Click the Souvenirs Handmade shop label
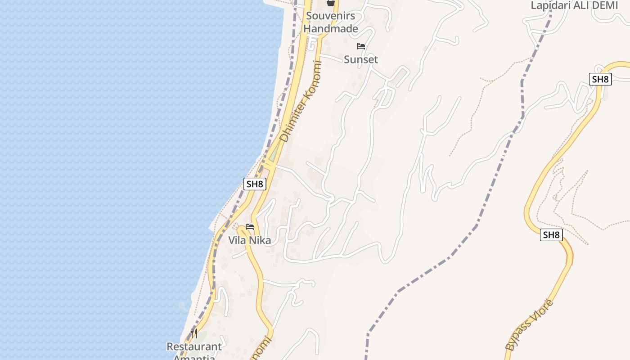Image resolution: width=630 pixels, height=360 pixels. (x=330, y=22)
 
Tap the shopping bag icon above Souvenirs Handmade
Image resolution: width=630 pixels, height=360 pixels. (x=331, y=3)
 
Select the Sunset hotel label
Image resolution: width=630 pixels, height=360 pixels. (x=360, y=59)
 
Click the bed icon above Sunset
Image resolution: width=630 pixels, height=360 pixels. (x=360, y=46)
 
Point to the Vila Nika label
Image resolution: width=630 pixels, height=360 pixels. (x=249, y=240)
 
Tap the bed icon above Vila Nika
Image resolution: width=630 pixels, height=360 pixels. (x=250, y=227)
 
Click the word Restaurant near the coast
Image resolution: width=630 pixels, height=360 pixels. (x=194, y=346)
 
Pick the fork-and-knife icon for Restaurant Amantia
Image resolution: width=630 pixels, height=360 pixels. (x=194, y=333)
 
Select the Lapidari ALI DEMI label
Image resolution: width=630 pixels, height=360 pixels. (x=574, y=5)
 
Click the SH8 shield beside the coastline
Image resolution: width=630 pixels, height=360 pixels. (x=255, y=184)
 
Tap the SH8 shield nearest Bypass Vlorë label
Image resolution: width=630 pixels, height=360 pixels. (x=551, y=235)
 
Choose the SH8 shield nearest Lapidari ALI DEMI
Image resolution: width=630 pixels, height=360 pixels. (x=600, y=79)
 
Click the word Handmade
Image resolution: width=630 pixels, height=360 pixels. (x=330, y=29)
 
